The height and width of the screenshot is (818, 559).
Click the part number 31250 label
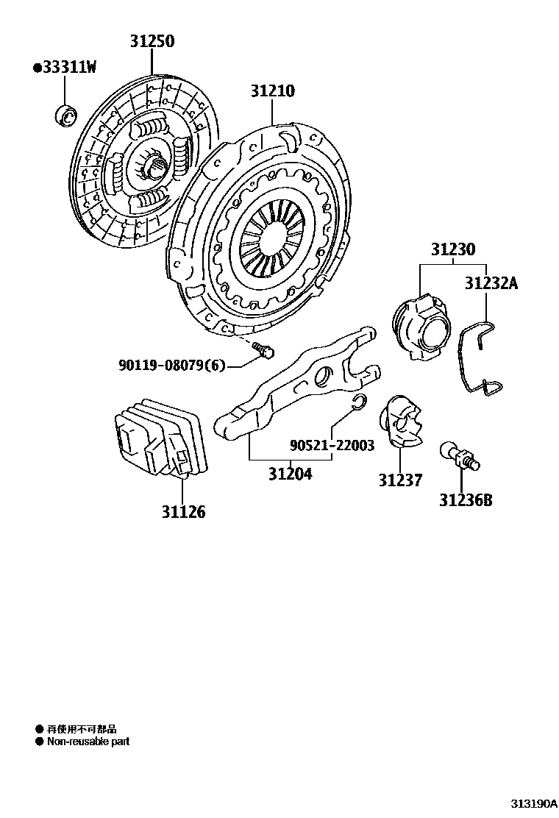(x=152, y=41)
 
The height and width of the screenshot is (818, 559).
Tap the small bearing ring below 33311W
(x=65, y=115)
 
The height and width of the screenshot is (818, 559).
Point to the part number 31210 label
(x=272, y=91)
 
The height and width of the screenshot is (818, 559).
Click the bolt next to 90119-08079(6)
(x=263, y=351)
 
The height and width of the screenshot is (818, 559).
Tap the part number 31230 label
(x=453, y=249)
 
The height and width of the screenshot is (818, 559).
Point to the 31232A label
(x=491, y=282)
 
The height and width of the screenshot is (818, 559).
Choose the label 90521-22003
(x=332, y=445)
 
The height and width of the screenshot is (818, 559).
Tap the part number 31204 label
(x=290, y=474)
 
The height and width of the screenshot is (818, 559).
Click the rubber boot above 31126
(x=160, y=437)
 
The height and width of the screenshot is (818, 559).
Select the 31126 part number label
(x=184, y=511)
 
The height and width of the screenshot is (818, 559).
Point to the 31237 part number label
(x=401, y=480)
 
